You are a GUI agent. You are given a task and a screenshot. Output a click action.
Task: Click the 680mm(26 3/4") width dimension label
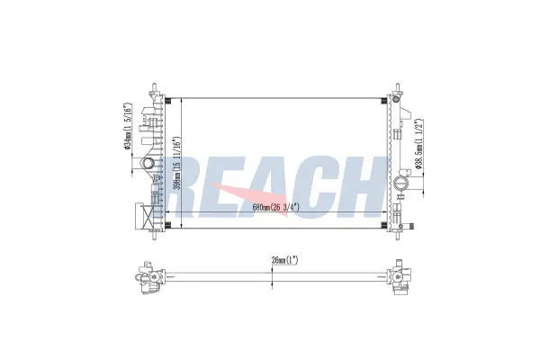[275, 207]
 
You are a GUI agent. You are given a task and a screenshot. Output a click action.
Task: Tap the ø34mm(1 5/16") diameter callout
[128, 126]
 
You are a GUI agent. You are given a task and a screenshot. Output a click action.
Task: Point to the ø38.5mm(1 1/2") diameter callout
[418, 144]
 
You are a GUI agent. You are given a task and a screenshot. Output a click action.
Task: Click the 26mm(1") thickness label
[284, 260]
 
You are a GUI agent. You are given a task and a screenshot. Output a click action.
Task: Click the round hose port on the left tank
[148, 163]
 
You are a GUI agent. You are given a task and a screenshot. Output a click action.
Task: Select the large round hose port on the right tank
[401, 182]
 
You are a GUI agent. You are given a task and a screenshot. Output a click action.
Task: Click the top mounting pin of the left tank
[155, 88]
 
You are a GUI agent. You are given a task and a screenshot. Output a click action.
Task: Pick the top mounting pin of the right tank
[398, 88]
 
